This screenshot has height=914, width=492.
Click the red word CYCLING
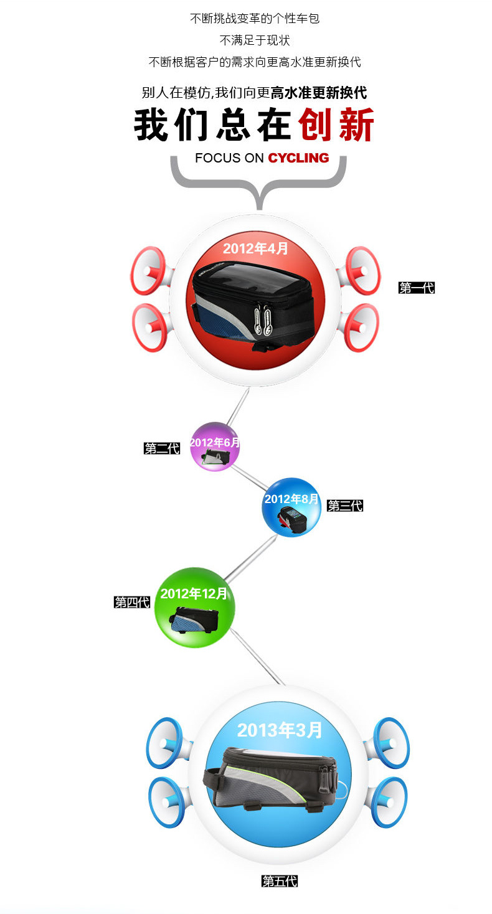298,158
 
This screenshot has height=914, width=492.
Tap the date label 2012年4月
256,248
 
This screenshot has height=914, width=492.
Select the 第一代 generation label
416,288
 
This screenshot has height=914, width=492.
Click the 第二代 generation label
162,448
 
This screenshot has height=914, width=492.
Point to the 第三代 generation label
345,506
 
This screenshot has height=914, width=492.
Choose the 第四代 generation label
132,602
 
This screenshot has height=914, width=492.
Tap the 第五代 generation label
280,881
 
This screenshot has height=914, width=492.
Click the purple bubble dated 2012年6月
215,447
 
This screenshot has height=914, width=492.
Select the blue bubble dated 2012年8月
291,507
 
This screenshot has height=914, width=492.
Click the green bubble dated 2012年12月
195,608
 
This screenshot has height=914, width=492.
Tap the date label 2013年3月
280,730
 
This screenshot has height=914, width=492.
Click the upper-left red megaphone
148,271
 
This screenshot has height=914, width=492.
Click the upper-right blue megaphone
389,742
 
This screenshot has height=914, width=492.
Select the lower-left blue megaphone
166,802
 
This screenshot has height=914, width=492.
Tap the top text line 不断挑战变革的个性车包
254,19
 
